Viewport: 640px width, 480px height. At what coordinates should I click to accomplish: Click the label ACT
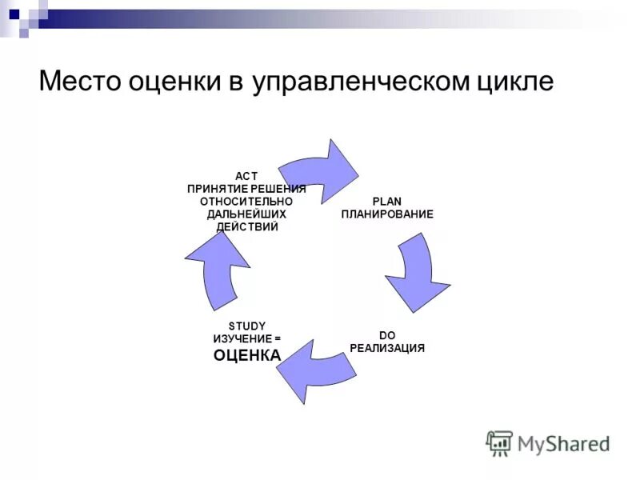coord(246,175)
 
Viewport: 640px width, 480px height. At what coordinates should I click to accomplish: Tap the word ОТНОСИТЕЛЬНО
coord(246,201)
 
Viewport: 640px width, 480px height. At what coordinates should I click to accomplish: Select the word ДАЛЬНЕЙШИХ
coord(246,214)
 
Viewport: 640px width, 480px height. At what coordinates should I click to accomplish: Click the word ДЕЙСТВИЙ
coord(247,226)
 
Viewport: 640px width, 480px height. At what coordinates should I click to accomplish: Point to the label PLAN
coord(387,201)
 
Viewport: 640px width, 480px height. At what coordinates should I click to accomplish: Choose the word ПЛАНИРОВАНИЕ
coord(387,214)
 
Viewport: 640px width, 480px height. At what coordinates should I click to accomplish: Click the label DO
coord(387,335)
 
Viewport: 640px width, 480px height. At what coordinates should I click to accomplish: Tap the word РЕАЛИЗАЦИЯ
coord(387,348)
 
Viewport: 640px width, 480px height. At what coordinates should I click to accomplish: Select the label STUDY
coord(246,325)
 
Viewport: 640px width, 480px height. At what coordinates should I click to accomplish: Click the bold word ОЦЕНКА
coord(247,354)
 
